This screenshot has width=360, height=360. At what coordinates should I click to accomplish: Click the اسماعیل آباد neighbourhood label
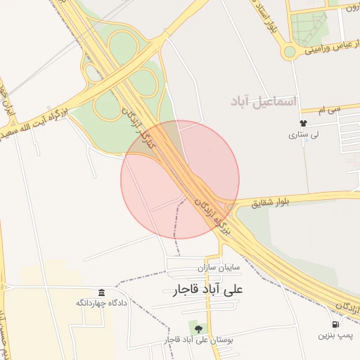tap(264, 103)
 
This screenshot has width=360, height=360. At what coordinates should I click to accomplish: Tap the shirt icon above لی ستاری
tap(303, 123)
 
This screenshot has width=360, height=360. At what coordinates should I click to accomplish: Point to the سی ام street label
tap(328, 109)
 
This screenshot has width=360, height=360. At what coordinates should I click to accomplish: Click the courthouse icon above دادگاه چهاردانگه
tap(102, 292)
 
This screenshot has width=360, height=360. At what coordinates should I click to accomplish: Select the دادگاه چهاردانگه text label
tap(102, 304)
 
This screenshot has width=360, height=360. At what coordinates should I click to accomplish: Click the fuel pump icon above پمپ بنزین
tap(335, 325)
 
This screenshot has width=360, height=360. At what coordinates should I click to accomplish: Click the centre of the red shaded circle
tap(180, 179)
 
